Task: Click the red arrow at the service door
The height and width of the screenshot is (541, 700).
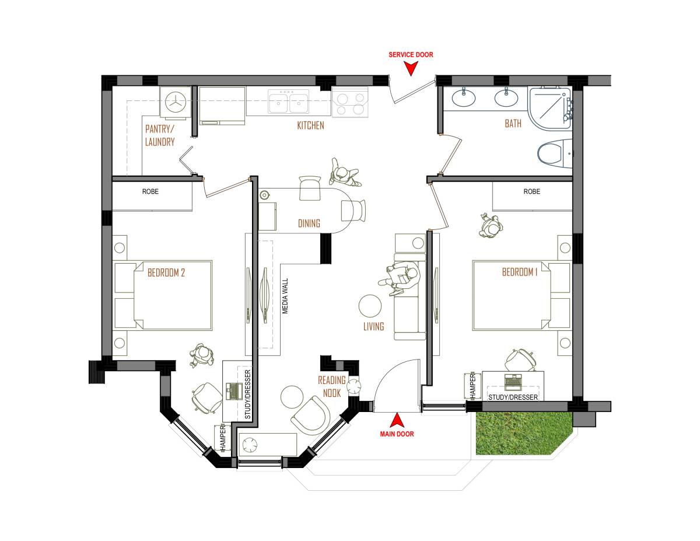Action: point(411,68)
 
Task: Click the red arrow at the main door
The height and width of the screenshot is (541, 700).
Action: point(397,420)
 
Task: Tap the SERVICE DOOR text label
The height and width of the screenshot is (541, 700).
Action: point(411,55)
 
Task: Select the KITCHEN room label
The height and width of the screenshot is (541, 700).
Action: point(310,125)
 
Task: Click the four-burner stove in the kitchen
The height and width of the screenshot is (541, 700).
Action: point(350,102)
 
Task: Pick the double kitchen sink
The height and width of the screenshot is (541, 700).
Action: point(289,102)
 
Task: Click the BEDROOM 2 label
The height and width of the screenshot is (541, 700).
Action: point(166,273)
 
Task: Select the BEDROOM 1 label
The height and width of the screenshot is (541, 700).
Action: point(520,273)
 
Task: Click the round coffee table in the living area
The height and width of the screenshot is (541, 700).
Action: point(370,305)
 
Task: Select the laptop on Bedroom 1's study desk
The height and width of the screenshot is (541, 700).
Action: point(513,382)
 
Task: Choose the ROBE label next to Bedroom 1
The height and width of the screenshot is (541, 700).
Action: point(531,191)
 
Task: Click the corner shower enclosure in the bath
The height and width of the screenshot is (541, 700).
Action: point(549,108)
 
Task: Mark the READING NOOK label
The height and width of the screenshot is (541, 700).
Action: point(332,387)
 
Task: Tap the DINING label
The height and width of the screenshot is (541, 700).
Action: point(309,223)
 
